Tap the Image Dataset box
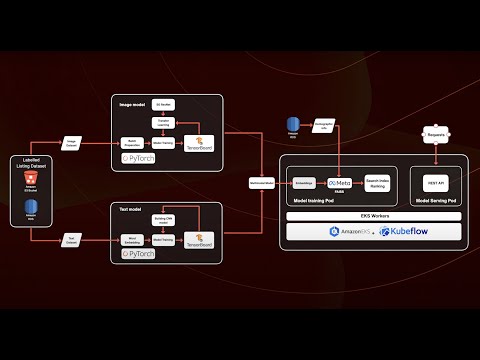[x=72, y=143]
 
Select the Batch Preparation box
[x=131, y=144]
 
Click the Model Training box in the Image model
[x=166, y=144]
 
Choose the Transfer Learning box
[x=166, y=122]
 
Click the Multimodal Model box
[x=262, y=182]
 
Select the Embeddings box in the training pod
[x=305, y=183]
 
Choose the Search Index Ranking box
[x=378, y=183]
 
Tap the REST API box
[x=436, y=183]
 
